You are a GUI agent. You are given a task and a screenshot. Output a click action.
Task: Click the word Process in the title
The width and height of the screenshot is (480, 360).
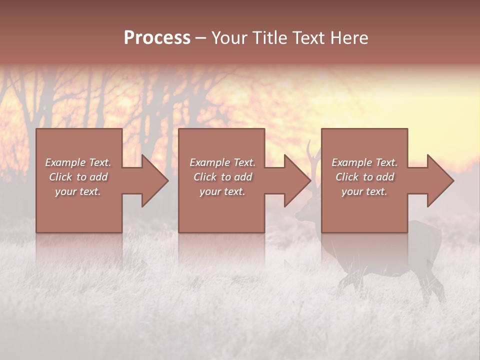pyautogui.click(x=157, y=38)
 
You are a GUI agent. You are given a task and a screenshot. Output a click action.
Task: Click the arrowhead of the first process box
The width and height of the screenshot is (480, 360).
pyautogui.click(x=155, y=180)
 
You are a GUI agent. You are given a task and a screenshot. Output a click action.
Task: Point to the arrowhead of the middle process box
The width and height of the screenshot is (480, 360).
pyautogui.click(x=297, y=180)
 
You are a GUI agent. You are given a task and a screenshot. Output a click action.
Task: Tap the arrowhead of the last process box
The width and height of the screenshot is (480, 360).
pyautogui.click(x=440, y=180)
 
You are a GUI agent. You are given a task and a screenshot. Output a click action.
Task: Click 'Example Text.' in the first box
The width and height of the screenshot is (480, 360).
pyautogui.click(x=78, y=162)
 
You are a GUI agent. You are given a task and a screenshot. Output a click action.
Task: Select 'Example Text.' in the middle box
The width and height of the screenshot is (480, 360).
pyautogui.click(x=222, y=162)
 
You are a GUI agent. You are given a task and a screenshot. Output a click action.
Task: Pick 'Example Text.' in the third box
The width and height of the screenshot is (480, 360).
pyautogui.click(x=364, y=162)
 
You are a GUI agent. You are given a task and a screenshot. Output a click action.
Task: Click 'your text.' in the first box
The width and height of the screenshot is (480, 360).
pyautogui.click(x=78, y=191)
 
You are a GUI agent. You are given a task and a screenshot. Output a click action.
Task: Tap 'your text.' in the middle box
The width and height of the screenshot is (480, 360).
pyautogui.click(x=222, y=191)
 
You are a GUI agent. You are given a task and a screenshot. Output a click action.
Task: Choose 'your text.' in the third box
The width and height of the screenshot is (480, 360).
pyautogui.click(x=364, y=191)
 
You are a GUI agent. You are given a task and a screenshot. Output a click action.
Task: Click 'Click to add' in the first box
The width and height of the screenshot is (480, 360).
pyautogui.click(x=78, y=177)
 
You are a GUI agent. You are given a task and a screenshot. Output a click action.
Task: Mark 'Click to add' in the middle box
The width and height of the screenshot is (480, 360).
pyautogui.click(x=222, y=177)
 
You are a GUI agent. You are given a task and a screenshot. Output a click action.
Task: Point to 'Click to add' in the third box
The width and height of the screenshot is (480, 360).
pyautogui.click(x=364, y=177)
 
